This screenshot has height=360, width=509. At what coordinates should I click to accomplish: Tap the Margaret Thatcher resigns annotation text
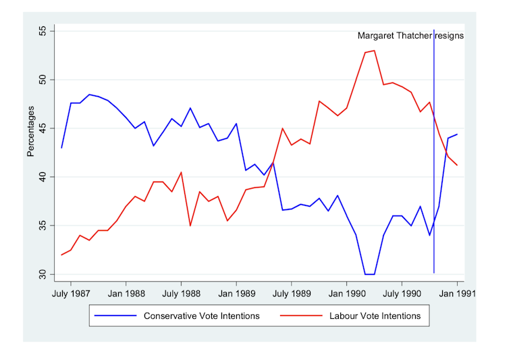tap(410, 36)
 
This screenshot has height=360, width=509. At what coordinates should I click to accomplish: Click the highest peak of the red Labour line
tap(374, 51)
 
